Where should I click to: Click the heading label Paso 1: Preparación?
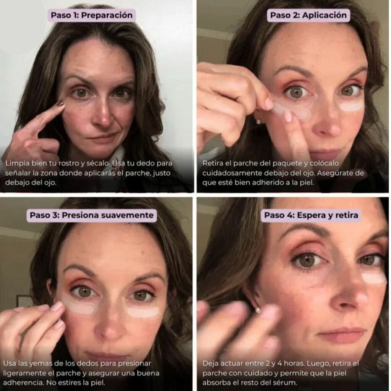(92, 15)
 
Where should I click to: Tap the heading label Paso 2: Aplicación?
(308, 15)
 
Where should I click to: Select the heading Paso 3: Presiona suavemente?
(92, 215)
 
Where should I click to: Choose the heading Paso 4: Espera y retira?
(311, 215)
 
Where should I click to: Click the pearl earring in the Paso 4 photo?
(258, 310)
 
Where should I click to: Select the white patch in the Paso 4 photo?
(373, 278)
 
